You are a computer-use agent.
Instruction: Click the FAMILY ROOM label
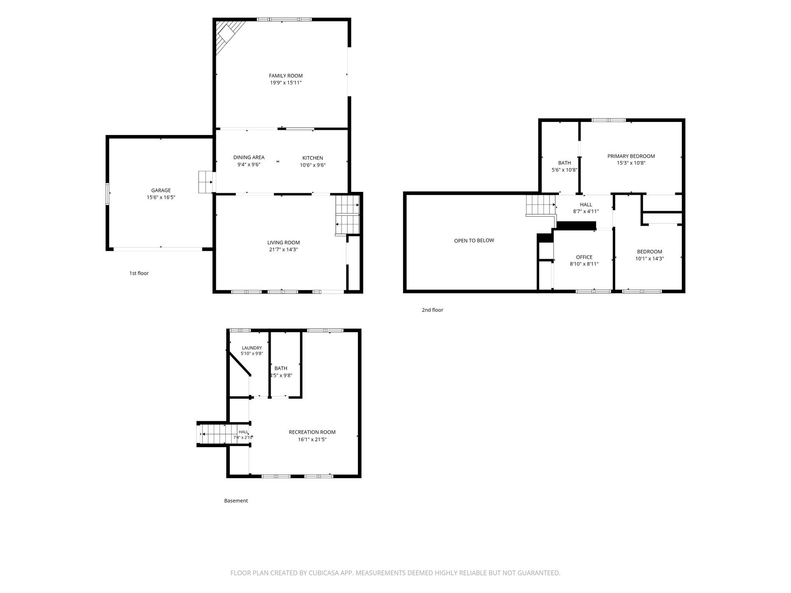click(286, 76)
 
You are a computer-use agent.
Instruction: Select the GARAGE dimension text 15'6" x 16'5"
click(161, 197)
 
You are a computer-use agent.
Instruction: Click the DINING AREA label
click(249, 157)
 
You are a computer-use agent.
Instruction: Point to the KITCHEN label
click(313, 158)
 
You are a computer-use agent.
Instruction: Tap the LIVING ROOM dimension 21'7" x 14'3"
click(283, 250)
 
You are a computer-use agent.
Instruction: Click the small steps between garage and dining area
click(206, 182)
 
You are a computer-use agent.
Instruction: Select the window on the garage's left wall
click(108, 194)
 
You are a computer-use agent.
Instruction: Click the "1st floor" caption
click(139, 273)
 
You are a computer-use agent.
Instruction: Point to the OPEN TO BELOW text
click(474, 240)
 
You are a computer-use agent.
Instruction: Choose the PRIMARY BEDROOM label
click(631, 156)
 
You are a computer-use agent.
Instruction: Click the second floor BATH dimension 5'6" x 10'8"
click(564, 170)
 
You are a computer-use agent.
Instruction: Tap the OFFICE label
click(584, 257)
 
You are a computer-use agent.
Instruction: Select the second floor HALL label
click(586, 205)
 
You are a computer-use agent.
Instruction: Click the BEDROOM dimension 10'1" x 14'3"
click(650, 259)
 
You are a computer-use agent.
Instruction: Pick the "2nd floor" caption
click(432, 310)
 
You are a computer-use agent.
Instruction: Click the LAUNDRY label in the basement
click(252, 348)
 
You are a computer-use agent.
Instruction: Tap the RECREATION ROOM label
click(312, 432)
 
